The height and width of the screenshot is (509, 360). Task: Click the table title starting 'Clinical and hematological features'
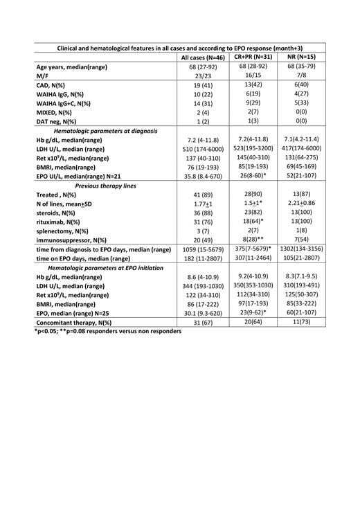[x=179, y=46]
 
